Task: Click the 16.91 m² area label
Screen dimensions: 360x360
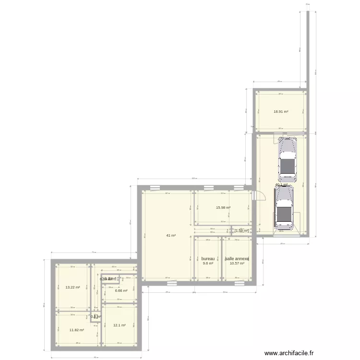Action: click(x=281, y=112)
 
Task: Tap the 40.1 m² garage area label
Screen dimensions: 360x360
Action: click(x=281, y=185)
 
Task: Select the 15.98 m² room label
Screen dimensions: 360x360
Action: click(x=223, y=208)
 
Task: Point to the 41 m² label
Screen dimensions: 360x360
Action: click(x=171, y=236)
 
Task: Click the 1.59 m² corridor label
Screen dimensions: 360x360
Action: click(x=241, y=231)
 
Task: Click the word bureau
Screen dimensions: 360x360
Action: click(x=208, y=259)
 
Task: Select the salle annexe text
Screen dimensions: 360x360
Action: click(x=237, y=259)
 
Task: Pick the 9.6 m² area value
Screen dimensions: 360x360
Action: click(x=208, y=264)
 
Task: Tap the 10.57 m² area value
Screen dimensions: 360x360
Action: click(x=237, y=264)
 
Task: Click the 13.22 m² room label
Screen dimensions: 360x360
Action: click(x=72, y=288)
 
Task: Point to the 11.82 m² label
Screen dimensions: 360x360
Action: click(x=77, y=330)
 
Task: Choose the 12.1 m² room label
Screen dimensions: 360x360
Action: click(x=120, y=325)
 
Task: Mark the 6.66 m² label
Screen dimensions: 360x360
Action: click(x=120, y=290)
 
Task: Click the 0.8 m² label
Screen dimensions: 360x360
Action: click(x=96, y=317)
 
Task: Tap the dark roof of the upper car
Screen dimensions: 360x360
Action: click(x=287, y=166)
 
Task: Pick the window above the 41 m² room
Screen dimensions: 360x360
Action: click(x=155, y=187)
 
